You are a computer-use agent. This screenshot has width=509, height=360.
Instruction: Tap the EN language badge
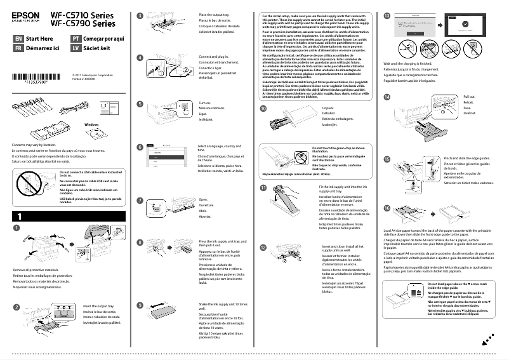pos(18,38)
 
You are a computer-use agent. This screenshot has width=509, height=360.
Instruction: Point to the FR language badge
pos(18,48)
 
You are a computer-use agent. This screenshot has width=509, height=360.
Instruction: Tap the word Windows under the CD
pos(92,124)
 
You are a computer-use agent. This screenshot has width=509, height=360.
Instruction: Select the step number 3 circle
pos(140,15)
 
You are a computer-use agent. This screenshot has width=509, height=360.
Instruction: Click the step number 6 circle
pos(140,147)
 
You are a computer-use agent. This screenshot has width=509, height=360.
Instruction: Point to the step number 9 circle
pos(140,305)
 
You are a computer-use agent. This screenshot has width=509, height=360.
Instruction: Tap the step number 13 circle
pos(388,15)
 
